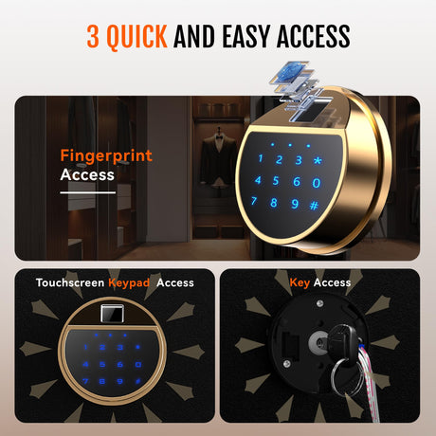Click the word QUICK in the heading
coord(136,37)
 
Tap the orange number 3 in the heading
coord(93,36)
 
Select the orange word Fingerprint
coord(106,155)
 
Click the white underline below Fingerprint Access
coord(88,192)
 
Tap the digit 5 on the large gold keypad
coord(276,180)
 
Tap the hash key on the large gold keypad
coord(314,206)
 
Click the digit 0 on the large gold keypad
coord(317,183)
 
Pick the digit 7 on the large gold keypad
coord(254,201)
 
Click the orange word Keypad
coord(129,283)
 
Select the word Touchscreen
coord(70,282)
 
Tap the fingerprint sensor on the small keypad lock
coord(112,314)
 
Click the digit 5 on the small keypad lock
coord(102,365)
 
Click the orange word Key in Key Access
coord(300,282)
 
